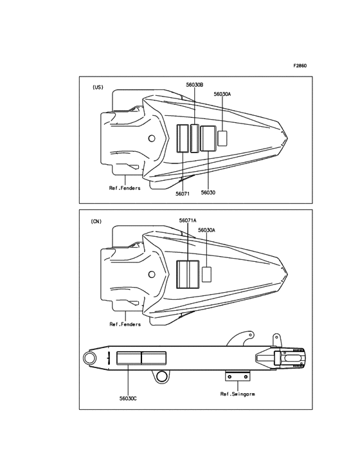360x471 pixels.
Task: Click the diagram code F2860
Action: [300, 66]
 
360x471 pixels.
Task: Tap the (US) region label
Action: [98, 87]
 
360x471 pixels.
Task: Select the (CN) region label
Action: [96, 221]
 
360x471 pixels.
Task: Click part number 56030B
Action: [194, 85]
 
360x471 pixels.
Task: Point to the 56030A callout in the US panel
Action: [222, 94]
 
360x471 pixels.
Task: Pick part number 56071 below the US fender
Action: [183, 194]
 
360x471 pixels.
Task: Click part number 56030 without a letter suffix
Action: [208, 192]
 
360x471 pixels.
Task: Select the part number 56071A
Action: [188, 221]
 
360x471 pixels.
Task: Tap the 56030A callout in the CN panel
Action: [206, 230]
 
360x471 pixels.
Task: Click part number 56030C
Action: [128, 398]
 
